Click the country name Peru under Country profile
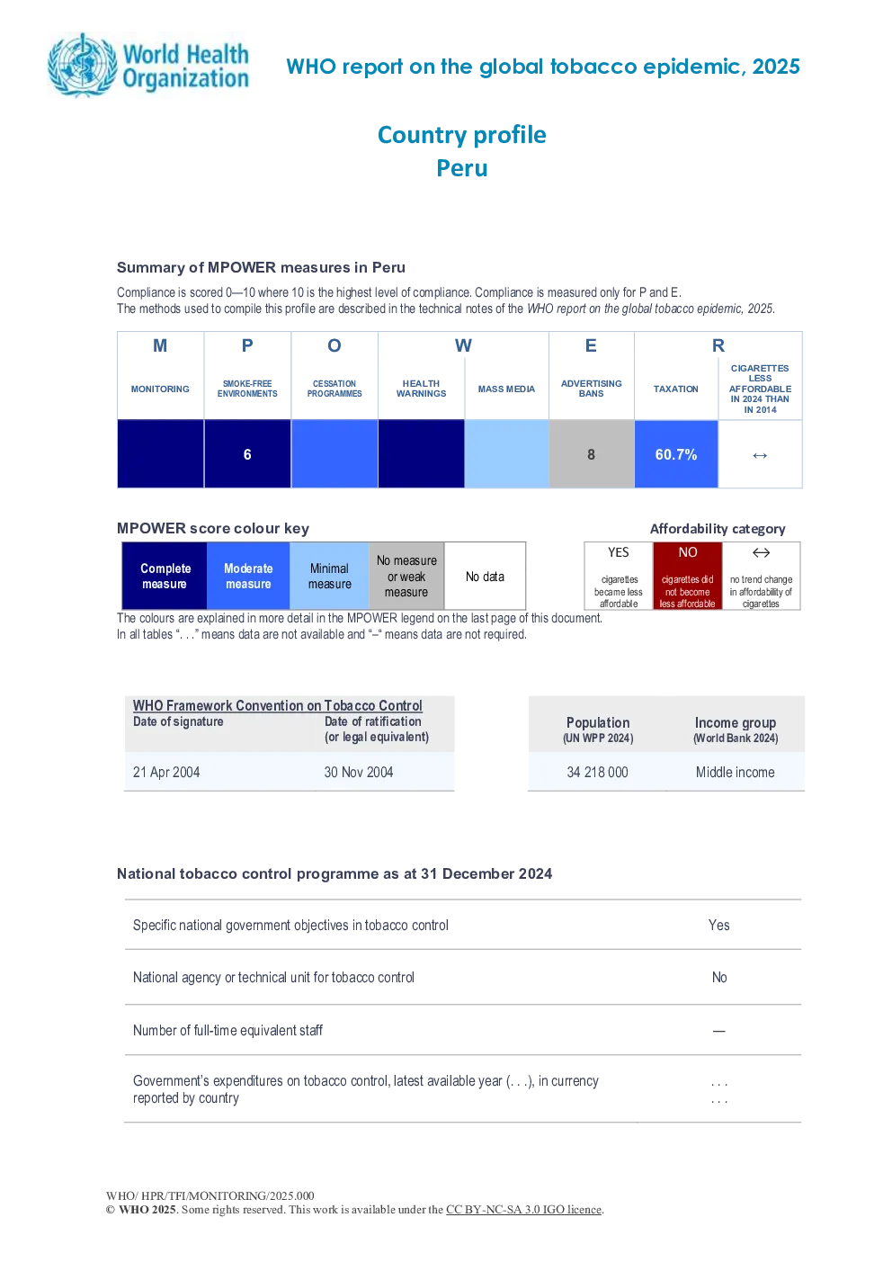point(462,168)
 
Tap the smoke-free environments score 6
point(247,454)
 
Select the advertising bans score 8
point(591,454)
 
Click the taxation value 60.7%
point(676,454)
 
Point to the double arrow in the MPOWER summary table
point(760,455)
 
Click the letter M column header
point(160,345)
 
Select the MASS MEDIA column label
point(506,389)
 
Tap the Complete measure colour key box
point(165,576)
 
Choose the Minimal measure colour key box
point(329,576)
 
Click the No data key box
point(485,576)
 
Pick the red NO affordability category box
point(688,576)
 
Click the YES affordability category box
point(619,576)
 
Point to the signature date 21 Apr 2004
point(166,772)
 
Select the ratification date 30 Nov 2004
point(358,772)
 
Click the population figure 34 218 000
point(597,772)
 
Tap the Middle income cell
point(735,772)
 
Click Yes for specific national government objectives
point(718,925)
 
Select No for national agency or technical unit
point(719,978)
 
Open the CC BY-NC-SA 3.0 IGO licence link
point(523,1210)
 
